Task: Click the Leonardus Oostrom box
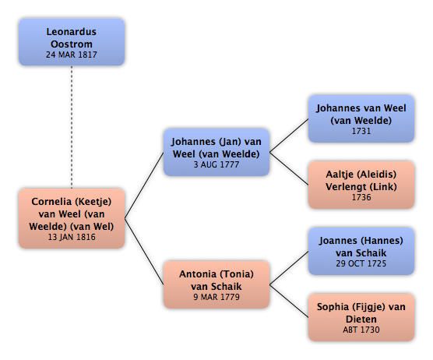point(72,42)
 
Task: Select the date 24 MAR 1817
point(72,55)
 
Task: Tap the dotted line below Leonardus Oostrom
point(72,127)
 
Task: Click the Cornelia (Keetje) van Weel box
point(72,218)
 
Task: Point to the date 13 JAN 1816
point(72,237)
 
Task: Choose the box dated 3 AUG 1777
point(216,152)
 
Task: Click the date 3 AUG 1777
point(216,164)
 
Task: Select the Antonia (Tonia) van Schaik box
point(216,284)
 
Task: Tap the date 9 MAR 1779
point(216,297)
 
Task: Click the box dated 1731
point(361,118)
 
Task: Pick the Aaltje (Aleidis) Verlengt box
point(361,185)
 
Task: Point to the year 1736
point(361,197)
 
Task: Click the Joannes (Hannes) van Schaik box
point(361,251)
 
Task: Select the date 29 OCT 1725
point(361,263)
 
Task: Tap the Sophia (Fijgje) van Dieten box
point(361,317)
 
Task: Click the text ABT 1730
point(361,330)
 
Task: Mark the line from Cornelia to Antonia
point(144,252)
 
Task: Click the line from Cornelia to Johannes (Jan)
point(144,185)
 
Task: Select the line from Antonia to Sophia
point(289,301)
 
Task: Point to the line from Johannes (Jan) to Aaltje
point(289,168)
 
